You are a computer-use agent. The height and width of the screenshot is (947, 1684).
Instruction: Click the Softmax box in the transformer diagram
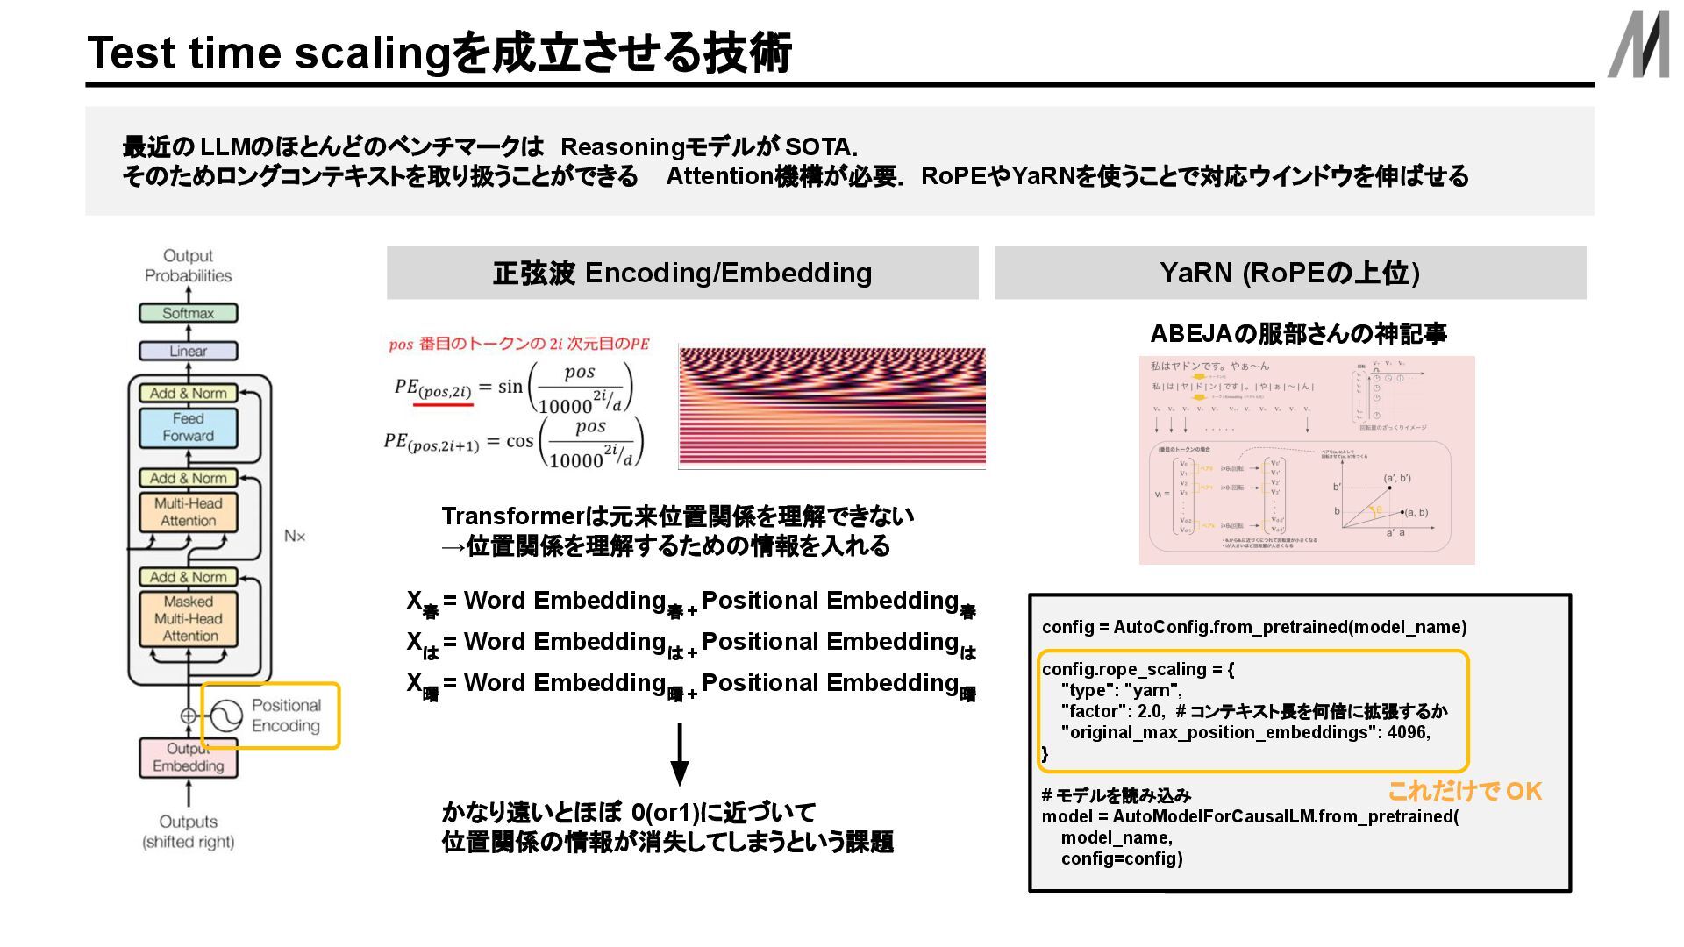coord(188,313)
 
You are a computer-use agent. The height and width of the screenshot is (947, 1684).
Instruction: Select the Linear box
coord(188,351)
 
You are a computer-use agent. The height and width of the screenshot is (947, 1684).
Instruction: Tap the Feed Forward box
coord(188,427)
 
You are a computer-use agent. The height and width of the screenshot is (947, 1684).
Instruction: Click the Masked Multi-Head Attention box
coord(189,619)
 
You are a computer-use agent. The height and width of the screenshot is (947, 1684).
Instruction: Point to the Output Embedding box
coord(188,758)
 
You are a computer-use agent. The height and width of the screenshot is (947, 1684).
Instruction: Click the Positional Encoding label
coord(286,716)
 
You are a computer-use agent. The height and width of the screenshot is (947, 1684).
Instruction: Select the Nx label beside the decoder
coord(295,536)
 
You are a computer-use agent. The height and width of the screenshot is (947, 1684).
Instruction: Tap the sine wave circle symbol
coord(225,716)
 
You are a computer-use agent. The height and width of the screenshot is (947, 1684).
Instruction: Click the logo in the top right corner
coord(1638,46)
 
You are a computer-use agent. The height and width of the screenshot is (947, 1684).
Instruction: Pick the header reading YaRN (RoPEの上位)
coord(1289,273)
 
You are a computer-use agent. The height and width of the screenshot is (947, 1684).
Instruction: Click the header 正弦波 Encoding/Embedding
coord(681,273)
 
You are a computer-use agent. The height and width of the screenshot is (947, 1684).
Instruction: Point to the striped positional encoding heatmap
coord(831,407)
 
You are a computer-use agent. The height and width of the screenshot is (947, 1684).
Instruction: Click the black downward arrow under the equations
coord(679,754)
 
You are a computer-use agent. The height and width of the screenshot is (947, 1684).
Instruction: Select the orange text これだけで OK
coord(1465,792)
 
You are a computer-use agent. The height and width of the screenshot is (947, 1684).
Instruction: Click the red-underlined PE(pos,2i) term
coord(433,388)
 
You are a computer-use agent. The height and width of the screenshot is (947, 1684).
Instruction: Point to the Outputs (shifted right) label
coord(188,831)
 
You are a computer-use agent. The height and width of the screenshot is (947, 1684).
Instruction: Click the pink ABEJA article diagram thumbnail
coord(1306,460)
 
